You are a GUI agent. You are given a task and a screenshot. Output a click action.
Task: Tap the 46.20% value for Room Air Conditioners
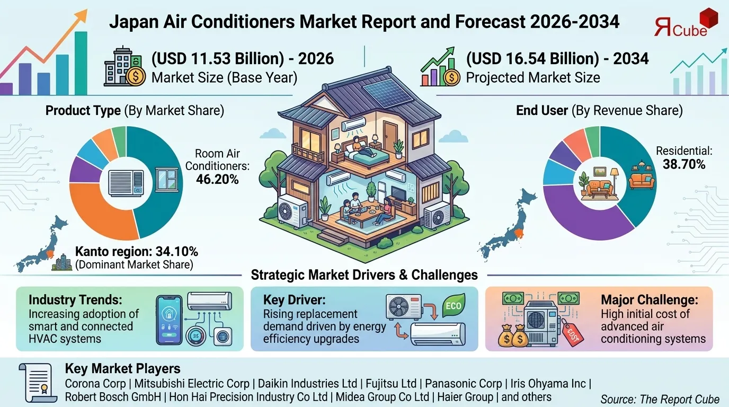click(217, 180)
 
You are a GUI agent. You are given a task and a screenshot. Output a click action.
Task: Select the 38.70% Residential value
click(684, 164)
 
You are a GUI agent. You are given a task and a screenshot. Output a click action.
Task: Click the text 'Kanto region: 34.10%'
click(137, 251)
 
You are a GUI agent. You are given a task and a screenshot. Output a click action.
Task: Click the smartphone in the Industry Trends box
click(170, 320)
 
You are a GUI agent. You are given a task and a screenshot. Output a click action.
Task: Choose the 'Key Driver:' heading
click(288, 300)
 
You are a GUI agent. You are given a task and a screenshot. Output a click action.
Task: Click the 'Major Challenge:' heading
click(649, 300)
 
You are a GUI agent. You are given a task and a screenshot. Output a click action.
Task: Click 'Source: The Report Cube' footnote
click(660, 399)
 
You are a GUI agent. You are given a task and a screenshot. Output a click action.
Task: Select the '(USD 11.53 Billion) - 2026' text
click(243, 58)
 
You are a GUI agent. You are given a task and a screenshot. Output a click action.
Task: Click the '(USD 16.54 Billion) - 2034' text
click(557, 58)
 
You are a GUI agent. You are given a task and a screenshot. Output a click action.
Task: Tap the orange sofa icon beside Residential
click(641, 180)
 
